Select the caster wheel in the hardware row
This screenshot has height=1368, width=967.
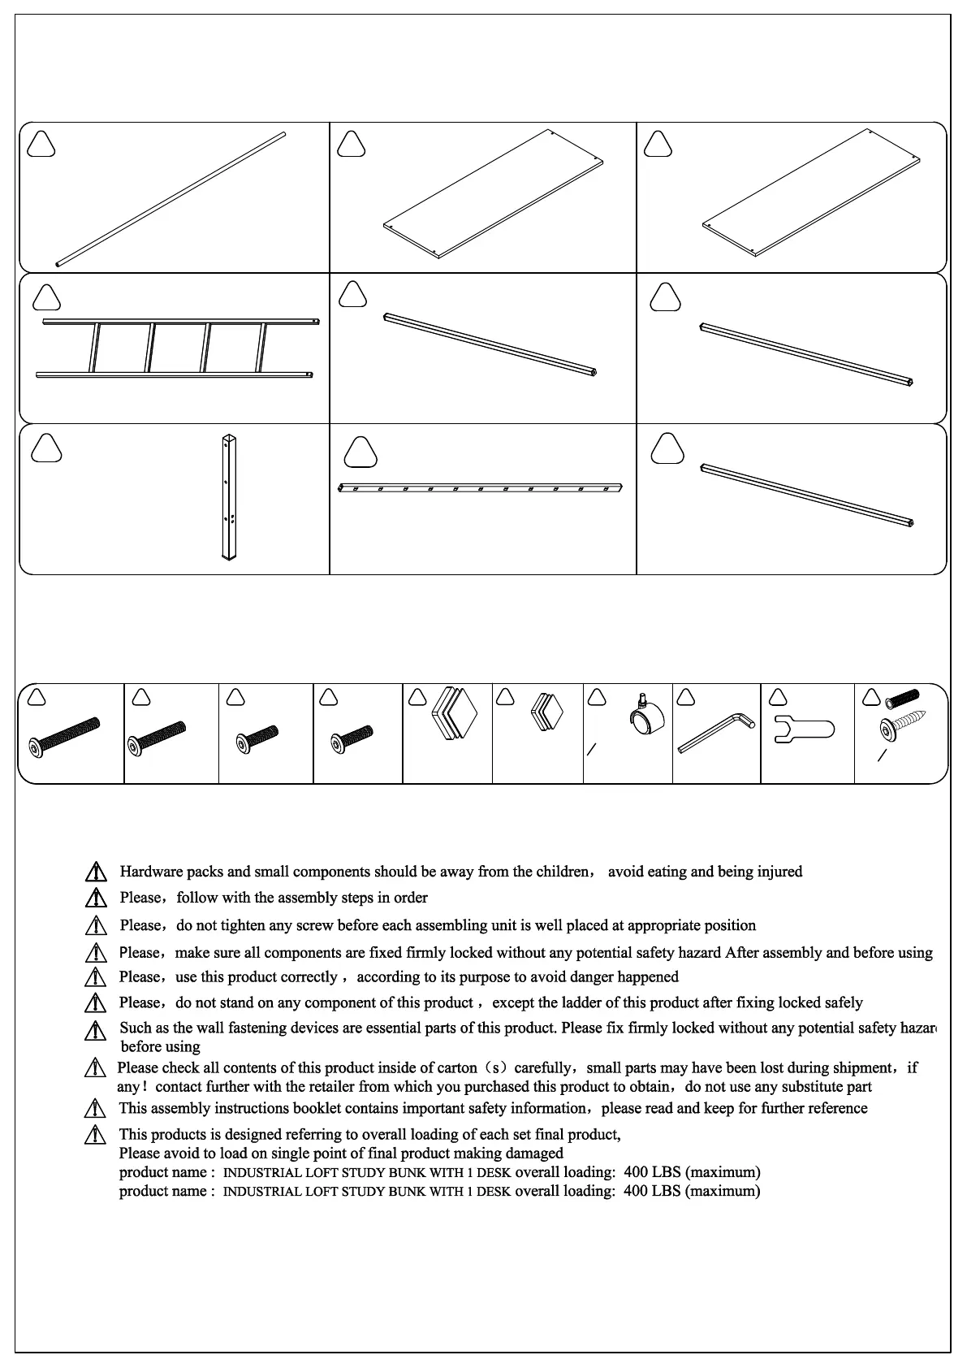click(646, 718)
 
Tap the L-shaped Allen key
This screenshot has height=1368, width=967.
click(716, 731)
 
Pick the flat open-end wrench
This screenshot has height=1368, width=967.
click(805, 727)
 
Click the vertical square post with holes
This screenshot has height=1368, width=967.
click(229, 498)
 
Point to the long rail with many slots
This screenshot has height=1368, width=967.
click(479, 488)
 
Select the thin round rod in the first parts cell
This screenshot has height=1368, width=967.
click(171, 199)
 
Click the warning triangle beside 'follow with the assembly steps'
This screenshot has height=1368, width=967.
click(96, 898)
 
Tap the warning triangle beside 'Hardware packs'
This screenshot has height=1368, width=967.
click(96, 872)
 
